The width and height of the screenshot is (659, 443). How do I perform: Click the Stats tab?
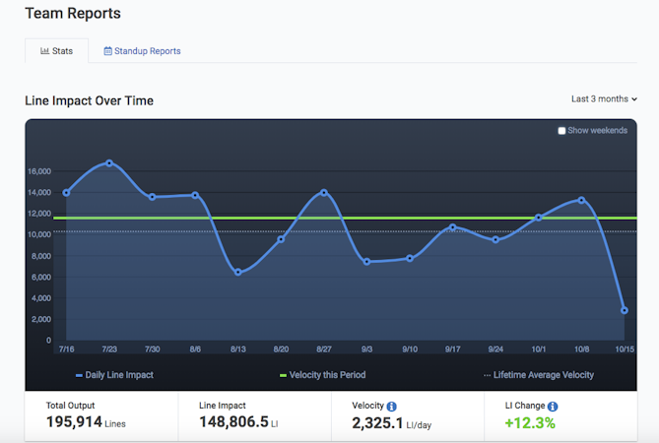tap(57, 51)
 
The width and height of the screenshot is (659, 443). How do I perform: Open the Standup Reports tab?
tap(142, 51)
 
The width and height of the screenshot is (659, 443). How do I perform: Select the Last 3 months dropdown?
tap(604, 99)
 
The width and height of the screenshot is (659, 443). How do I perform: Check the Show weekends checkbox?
tap(561, 131)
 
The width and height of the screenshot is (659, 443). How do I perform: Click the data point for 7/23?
tap(109, 162)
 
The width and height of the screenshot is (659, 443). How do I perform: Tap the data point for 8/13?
tap(237, 272)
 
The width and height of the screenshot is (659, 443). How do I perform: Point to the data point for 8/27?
tap(323, 192)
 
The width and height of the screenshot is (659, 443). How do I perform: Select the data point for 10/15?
tap(625, 310)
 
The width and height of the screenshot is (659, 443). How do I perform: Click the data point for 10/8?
tap(581, 200)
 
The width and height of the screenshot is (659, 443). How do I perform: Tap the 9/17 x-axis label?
tap(452, 348)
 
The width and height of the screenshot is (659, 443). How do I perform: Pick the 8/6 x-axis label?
tap(195, 348)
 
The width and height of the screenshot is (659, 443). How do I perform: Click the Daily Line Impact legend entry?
tap(114, 375)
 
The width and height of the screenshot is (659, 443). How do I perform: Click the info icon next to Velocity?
tap(391, 406)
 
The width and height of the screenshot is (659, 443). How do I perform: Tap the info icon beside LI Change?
tap(553, 406)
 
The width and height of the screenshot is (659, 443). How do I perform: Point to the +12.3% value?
tap(529, 423)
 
